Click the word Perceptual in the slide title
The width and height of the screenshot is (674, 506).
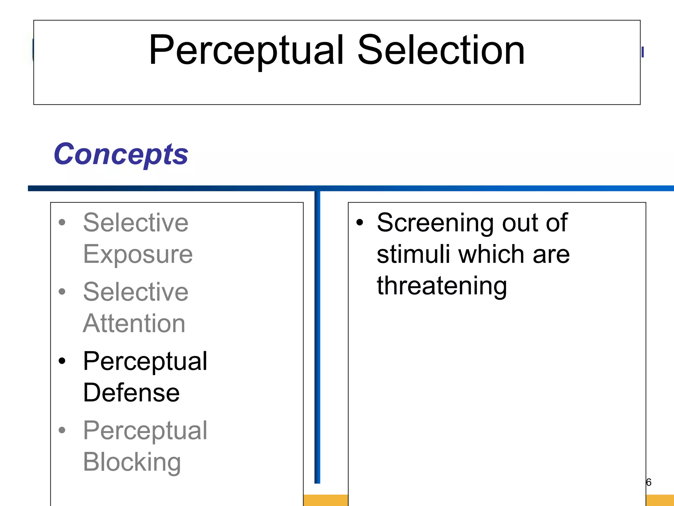pyautogui.click(x=246, y=50)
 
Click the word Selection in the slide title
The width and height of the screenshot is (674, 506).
pyautogui.click(x=441, y=50)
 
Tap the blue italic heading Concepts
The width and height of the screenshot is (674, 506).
pyautogui.click(x=121, y=154)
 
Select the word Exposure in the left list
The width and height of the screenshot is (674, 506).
pyautogui.click(x=138, y=254)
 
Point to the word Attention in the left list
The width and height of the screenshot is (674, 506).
pyautogui.click(x=134, y=323)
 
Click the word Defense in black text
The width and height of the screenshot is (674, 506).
pyautogui.click(x=131, y=393)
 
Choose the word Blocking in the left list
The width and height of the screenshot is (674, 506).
pyautogui.click(x=132, y=462)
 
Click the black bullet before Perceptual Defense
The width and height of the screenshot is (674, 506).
pyautogui.click(x=62, y=361)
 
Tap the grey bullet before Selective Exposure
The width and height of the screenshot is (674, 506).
pyautogui.click(x=62, y=222)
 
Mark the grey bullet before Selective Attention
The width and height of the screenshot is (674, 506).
pyautogui.click(x=62, y=292)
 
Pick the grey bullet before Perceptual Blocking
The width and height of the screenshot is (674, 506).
pyautogui.click(x=62, y=430)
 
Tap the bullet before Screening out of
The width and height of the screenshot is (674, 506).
pyautogui.click(x=360, y=222)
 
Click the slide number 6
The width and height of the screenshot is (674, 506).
pyautogui.click(x=649, y=482)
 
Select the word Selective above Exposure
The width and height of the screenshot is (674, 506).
pyautogui.click(x=136, y=223)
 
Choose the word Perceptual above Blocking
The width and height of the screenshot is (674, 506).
pyautogui.click(x=145, y=431)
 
